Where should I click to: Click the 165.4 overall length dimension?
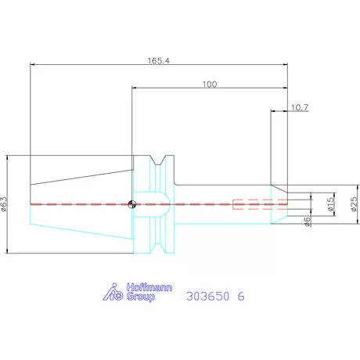159,61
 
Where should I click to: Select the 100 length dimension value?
210,85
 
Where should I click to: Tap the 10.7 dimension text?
300,107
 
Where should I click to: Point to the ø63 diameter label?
4,204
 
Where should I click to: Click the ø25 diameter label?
354,203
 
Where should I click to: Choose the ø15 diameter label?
330,203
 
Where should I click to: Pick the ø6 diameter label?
308,221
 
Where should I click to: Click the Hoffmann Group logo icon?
113,292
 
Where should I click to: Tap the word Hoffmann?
149,287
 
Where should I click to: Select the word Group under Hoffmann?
141,297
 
